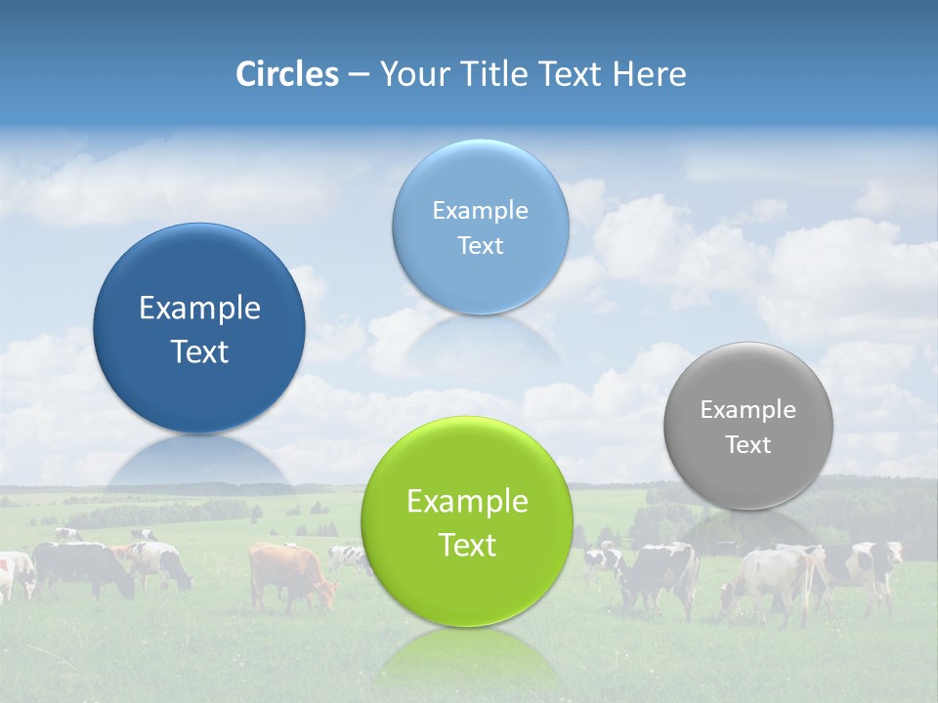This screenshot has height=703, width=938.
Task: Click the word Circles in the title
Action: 287,74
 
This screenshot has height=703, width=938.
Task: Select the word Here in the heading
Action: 650,74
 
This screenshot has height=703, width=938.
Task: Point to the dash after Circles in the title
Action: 359,75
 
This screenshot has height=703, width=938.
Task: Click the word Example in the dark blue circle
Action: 199,309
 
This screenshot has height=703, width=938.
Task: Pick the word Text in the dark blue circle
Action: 199,351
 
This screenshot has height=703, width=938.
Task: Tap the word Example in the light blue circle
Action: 480,211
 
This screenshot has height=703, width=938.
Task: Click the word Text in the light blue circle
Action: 480,246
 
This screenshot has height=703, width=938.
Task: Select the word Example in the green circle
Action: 467,502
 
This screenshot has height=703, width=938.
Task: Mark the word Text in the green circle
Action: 467,545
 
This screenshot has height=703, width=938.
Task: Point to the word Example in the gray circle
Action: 748,410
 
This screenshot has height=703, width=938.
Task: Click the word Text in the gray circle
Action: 748,445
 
